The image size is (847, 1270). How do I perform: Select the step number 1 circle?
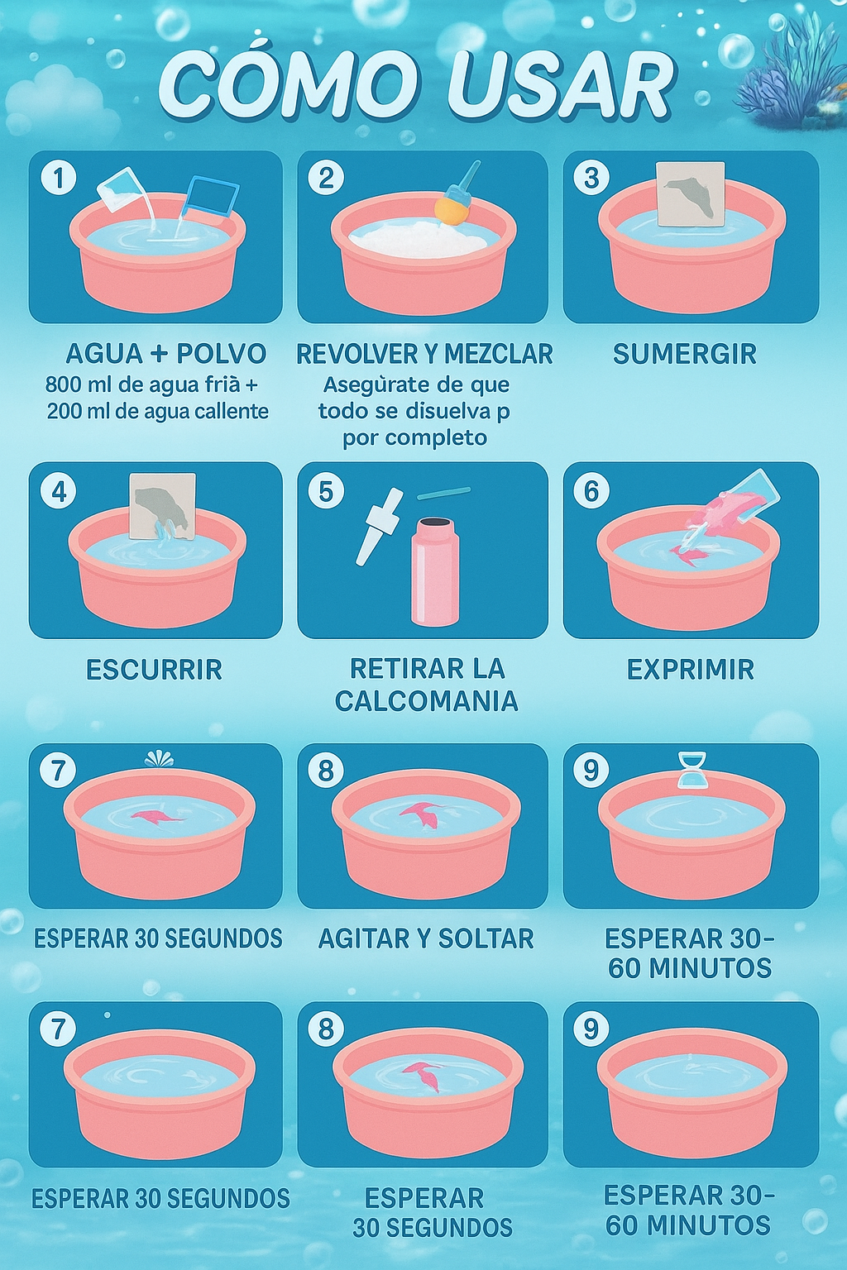(59, 178)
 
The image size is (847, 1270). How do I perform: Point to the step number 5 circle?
(326, 491)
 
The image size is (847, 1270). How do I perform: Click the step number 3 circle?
(591, 178)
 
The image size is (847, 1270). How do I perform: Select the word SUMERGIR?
(684, 354)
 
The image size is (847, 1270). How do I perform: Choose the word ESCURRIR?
(154, 669)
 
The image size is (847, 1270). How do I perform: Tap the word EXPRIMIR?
(690, 669)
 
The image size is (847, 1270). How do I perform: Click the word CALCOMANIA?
(426, 701)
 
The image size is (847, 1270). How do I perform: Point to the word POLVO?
(222, 354)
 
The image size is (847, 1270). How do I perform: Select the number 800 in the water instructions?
(62, 384)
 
